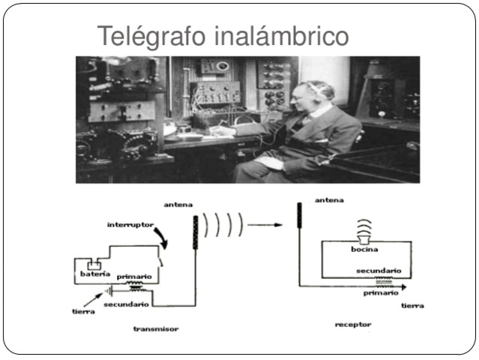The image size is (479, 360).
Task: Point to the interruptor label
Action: [x=131, y=224]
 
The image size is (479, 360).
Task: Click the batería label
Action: [x=94, y=274]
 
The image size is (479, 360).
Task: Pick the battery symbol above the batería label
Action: [x=94, y=265]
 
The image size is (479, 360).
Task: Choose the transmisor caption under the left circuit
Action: [x=156, y=328]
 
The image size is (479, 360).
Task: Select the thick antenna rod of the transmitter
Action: [x=197, y=232]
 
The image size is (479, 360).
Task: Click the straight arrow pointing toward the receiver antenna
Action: [x=267, y=223]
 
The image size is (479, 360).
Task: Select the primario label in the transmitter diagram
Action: [x=135, y=276]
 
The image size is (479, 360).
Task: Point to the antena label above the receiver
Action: [x=330, y=200]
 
